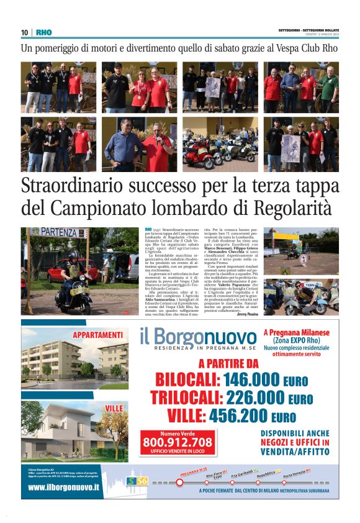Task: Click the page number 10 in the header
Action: click(x=25, y=32)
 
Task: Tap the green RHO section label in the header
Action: click(x=44, y=32)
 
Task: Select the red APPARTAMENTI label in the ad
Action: click(x=97, y=335)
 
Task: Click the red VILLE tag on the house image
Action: click(x=114, y=407)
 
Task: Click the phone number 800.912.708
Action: click(x=178, y=442)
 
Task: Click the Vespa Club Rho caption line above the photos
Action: click(x=179, y=48)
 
